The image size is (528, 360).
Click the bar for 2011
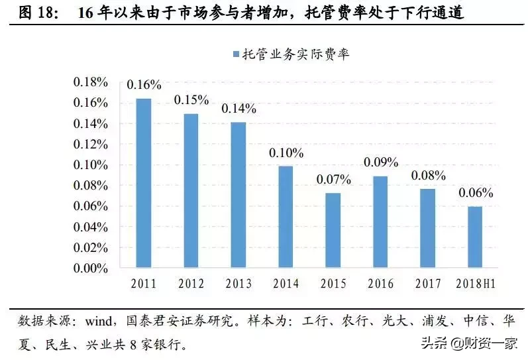click(x=144, y=183)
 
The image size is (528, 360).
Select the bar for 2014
click(x=286, y=217)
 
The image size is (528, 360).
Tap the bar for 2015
click(x=333, y=231)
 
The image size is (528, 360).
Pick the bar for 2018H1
click(x=476, y=237)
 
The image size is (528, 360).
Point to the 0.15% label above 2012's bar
click(x=191, y=100)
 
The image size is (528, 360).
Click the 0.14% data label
click(x=238, y=109)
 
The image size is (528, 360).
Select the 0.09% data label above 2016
click(x=381, y=162)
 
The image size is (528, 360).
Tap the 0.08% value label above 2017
click(x=429, y=176)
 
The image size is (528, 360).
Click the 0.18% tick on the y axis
click(x=90, y=82)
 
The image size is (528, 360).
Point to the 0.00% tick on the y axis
click(x=90, y=268)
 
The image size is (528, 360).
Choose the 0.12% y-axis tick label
click(x=90, y=144)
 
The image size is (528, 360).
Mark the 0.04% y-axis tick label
click(x=90, y=227)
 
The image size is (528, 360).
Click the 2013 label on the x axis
click(x=238, y=284)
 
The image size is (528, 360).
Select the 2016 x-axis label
click(x=381, y=284)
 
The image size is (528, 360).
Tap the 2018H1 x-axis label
click(x=476, y=284)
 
